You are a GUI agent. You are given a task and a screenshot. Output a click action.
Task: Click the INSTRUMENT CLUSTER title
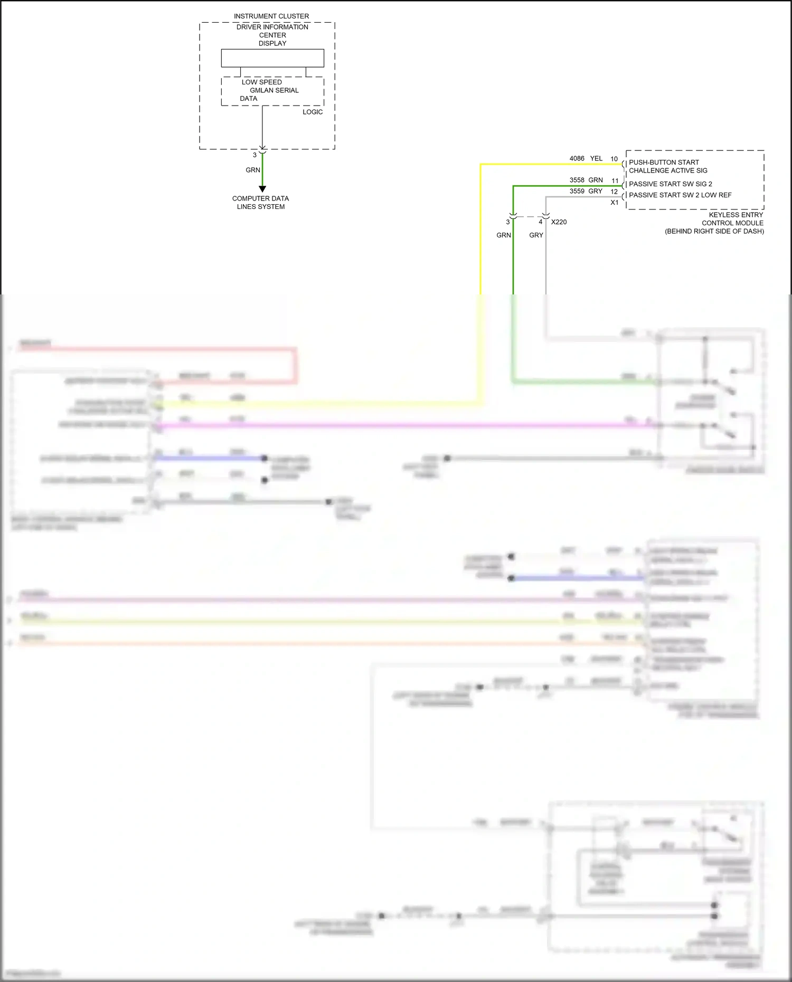[x=271, y=16]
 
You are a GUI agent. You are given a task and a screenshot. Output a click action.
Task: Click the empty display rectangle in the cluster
[x=272, y=58]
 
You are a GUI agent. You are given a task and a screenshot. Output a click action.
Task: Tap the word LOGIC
[x=313, y=112]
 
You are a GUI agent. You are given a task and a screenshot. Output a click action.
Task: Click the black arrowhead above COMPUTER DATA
[x=262, y=189]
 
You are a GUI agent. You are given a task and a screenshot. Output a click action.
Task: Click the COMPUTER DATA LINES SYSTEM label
[x=260, y=203]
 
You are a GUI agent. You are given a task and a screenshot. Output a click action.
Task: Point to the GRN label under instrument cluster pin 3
[x=253, y=170]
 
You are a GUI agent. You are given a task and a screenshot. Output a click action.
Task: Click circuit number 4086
[x=577, y=158]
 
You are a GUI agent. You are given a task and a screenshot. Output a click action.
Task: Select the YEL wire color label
[x=596, y=158]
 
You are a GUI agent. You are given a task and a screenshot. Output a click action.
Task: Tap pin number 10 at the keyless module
[x=614, y=159]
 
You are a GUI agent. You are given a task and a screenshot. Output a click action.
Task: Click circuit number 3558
[x=577, y=180]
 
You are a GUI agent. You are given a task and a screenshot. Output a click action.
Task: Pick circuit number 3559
[x=577, y=191]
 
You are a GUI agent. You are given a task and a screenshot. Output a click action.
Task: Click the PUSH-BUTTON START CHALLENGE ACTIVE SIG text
[x=667, y=166]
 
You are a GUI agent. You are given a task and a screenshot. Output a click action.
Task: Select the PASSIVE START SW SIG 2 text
[x=670, y=184]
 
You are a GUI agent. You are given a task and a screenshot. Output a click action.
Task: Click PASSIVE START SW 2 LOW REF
[x=680, y=195]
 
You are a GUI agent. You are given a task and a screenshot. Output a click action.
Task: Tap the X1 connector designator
[x=614, y=203]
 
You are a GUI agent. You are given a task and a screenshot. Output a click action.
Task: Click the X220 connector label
[x=559, y=222]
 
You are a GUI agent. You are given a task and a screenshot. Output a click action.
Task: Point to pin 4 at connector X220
[x=540, y=222]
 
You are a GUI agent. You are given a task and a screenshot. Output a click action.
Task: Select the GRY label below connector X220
[x=536, y=235]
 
